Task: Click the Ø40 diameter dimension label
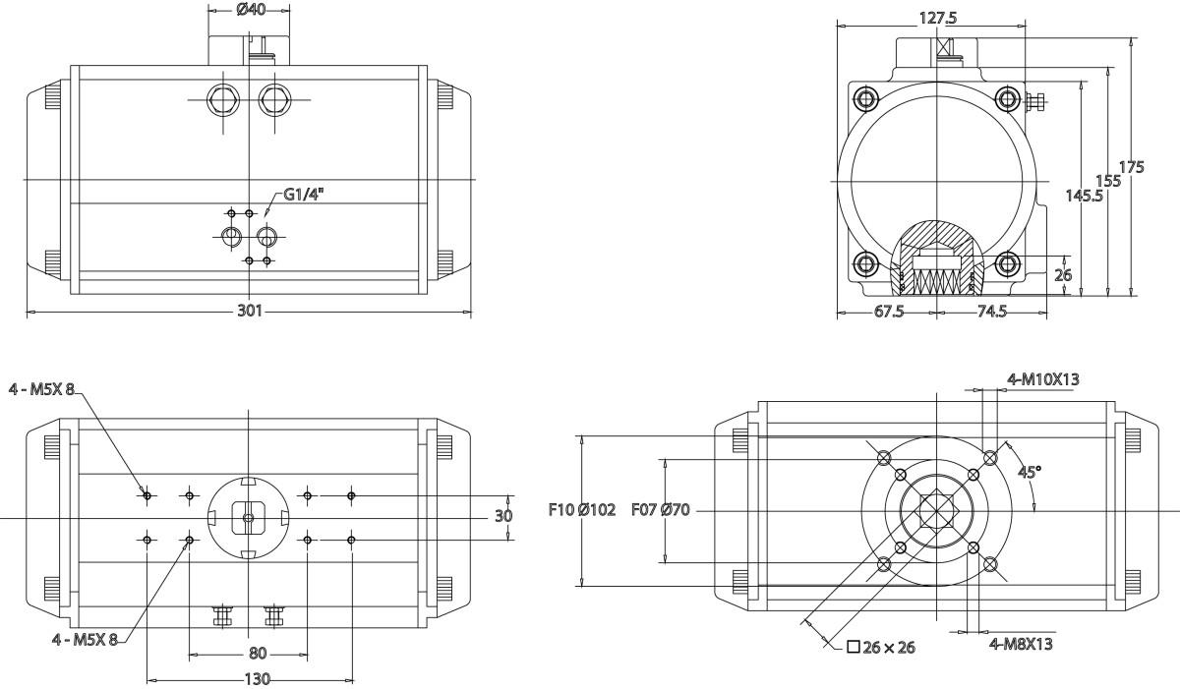pyautogui.click(x=251, y=9)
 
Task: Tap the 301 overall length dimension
pyautogui.click(x=250, y=311)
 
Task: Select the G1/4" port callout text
pyautogui.click(x=304, y=195)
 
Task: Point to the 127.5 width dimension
pyautogui.click(x=938, y=18)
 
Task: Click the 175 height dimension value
pyautogui.click(x=1132, y=167)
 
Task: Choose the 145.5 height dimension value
pyautogui.click(x=1084, y=196)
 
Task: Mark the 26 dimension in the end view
pyautogui.click(x=1063, y=275)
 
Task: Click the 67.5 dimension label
pyautogui.click(x=889, y=312)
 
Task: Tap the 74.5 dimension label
pyautogui.click(x=992, y=312)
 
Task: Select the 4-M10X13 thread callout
pyautogui.click(x=1043, y=379)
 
